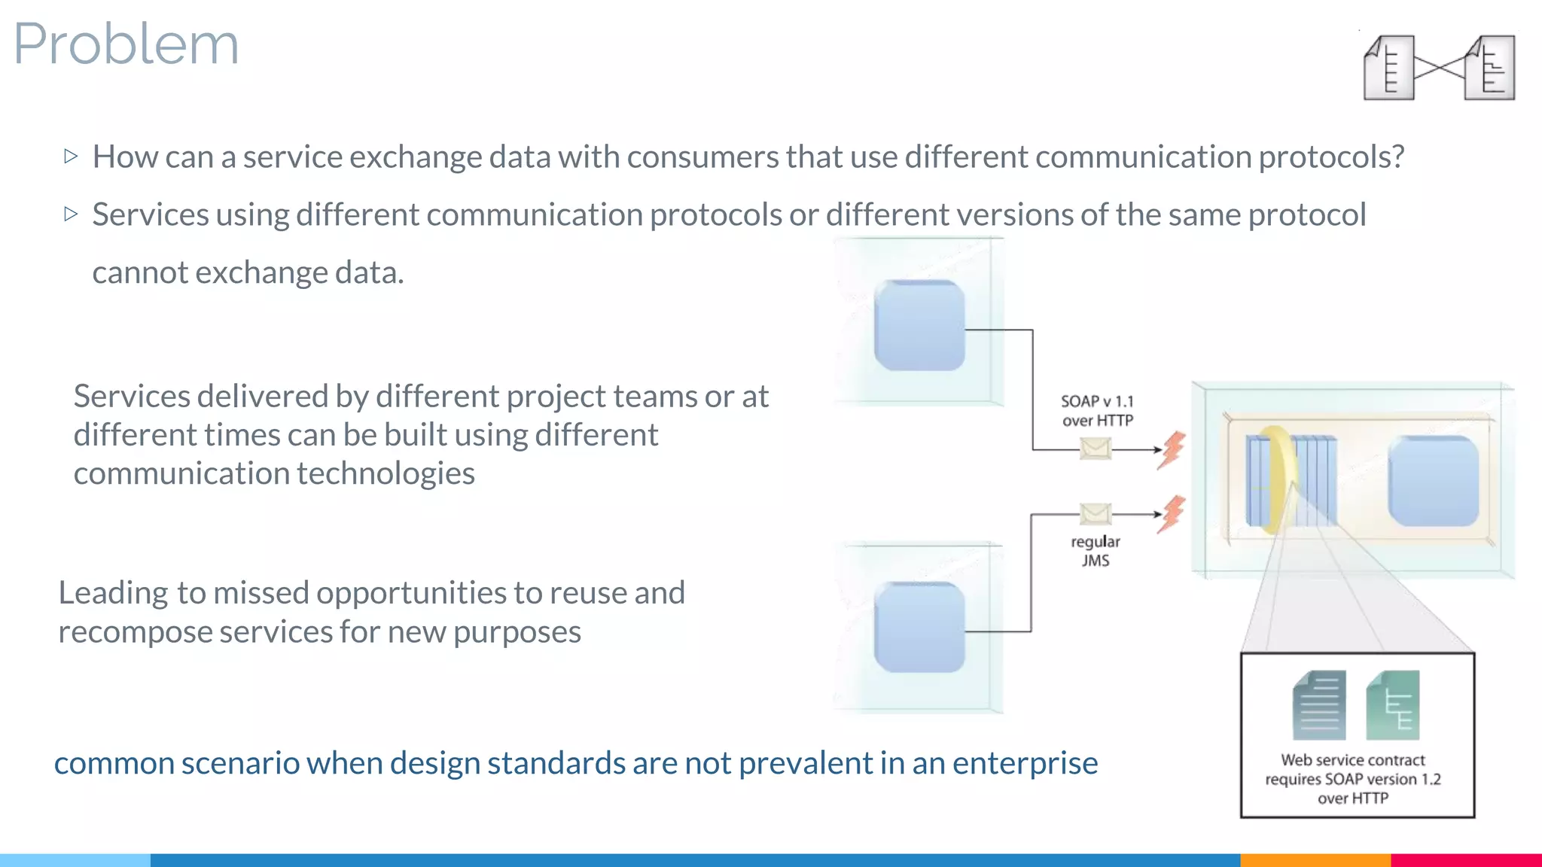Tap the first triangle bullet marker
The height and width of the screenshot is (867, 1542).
(x=71, y=157)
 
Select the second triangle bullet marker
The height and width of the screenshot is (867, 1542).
(x=71, y=214)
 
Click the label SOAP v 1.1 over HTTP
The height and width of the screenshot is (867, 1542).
(x=1097, y=411)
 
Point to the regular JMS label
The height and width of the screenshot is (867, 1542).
(x=1096, y=551)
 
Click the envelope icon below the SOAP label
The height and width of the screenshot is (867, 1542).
(x=1095, y=449)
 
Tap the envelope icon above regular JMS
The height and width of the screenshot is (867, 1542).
(x=1095, y=514)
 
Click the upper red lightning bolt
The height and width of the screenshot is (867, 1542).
(x=1172, y=450)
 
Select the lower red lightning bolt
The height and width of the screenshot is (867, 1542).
(x=1172, y=515)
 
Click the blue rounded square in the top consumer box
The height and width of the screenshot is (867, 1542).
(x=919, y=325)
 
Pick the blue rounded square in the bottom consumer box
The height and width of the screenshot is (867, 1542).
(x=919, y=627)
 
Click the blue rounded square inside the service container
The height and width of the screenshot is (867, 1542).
(x=1433, y=482)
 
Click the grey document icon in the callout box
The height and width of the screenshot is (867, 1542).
(x=1319, y=706)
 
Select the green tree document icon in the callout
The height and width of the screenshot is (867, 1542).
(x=1393, y=706)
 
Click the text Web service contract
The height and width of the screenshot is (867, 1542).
(x=1352, y=760)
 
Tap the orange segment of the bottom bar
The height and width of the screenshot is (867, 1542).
(x=1315, y=859)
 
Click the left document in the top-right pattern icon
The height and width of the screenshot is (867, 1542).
(x=1388, y=68)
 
